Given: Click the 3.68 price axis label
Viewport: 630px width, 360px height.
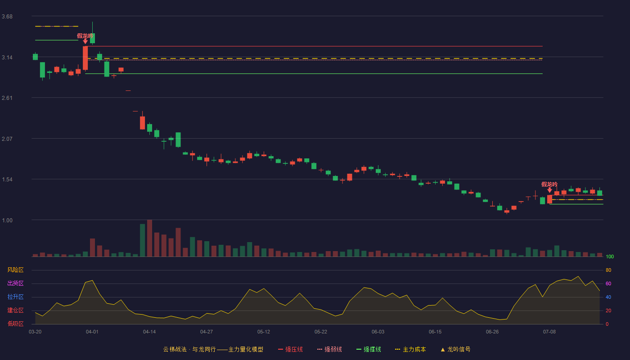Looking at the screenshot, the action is [x=7, y=17].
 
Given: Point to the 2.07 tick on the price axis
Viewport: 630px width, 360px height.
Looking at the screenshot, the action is [x=7, y=139].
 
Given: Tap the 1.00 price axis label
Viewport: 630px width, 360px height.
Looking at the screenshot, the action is [x=7, y=220].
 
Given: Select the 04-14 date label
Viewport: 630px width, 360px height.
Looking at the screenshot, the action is [x=149, y=332].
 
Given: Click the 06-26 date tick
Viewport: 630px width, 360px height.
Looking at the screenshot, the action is [x=492, y=332].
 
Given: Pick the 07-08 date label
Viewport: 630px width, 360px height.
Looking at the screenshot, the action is [x=549, y=332].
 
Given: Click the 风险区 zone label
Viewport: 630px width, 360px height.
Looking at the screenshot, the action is [x=15, y=270].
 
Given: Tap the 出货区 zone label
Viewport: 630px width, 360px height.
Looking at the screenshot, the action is [x=15, y=283].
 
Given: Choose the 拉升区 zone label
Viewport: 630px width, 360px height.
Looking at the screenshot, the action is [x=15, y=297].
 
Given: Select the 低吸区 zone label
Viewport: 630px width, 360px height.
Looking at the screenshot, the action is [x=15, y=324].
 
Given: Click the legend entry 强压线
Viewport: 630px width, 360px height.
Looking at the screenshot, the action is [x=290, y=349].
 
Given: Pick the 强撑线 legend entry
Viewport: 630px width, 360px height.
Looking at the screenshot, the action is [x=369, y=349].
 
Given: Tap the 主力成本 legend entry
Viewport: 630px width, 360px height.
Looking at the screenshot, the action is [x=410, y=349].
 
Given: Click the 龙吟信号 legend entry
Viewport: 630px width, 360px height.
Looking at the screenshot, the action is [x=455, y=349].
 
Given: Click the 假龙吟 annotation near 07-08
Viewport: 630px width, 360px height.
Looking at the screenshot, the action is [x=549, y=184].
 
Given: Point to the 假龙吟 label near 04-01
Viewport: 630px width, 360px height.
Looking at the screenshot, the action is [x=85, y=36].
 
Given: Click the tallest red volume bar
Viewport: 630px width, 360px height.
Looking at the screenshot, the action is [x=149, y=238].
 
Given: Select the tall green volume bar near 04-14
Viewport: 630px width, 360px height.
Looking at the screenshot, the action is [x=143, y=240].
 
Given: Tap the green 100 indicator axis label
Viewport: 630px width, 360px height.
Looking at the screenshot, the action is [x=610, y=257].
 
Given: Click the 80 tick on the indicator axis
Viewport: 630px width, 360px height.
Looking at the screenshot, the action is [x=608, y=270].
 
